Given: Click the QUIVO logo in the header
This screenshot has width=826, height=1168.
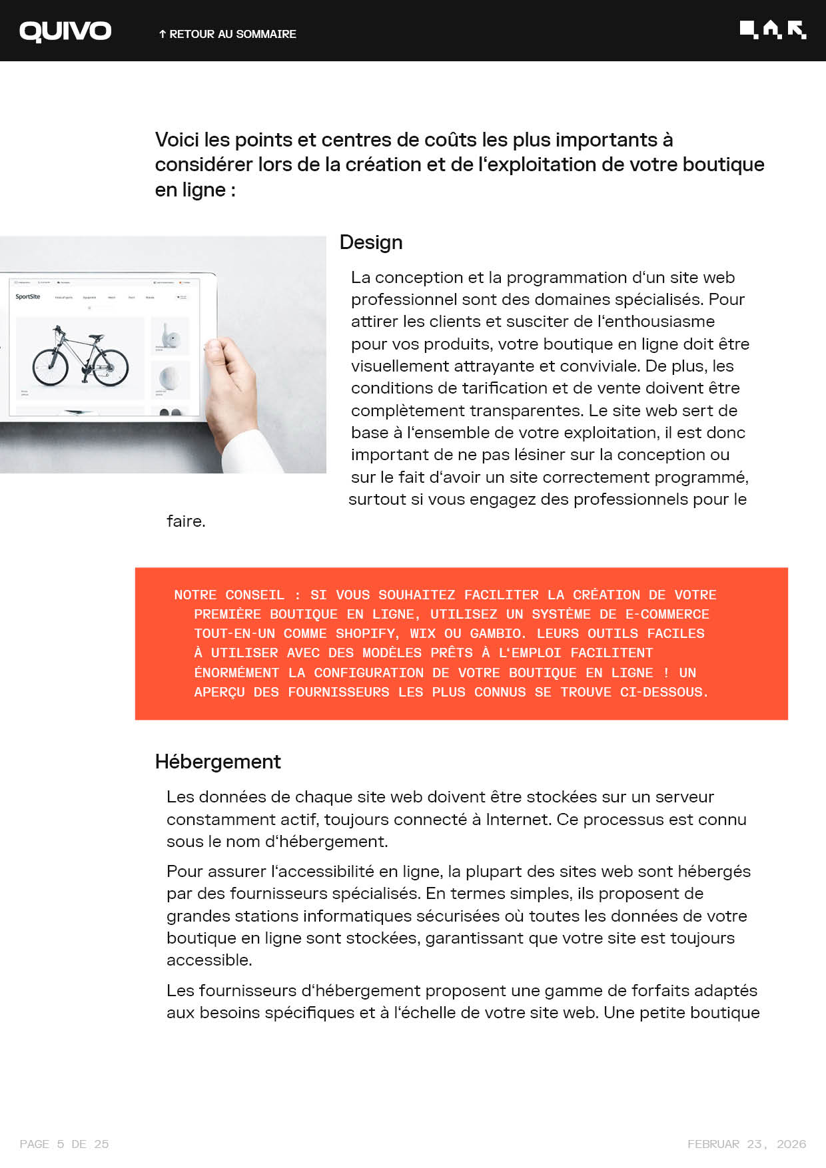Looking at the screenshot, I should click(65, 31).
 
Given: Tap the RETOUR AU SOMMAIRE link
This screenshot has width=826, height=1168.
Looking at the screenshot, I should click(227, 34).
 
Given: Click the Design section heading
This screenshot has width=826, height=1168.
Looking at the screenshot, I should click(371, 242).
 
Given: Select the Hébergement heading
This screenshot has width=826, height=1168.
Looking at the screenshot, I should click(218, 762).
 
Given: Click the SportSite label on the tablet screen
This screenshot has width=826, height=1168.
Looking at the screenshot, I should click(28, 297).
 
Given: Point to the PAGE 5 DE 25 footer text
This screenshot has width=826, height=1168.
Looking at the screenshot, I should click(65, 1144).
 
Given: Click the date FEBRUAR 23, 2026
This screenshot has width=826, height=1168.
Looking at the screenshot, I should click(747, 1144).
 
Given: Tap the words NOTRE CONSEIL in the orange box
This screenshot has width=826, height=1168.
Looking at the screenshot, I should click(228, 595).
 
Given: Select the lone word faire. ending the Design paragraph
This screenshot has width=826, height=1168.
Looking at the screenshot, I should click(186, 521).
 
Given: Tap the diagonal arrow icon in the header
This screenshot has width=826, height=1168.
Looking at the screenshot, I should click(797, 29).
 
